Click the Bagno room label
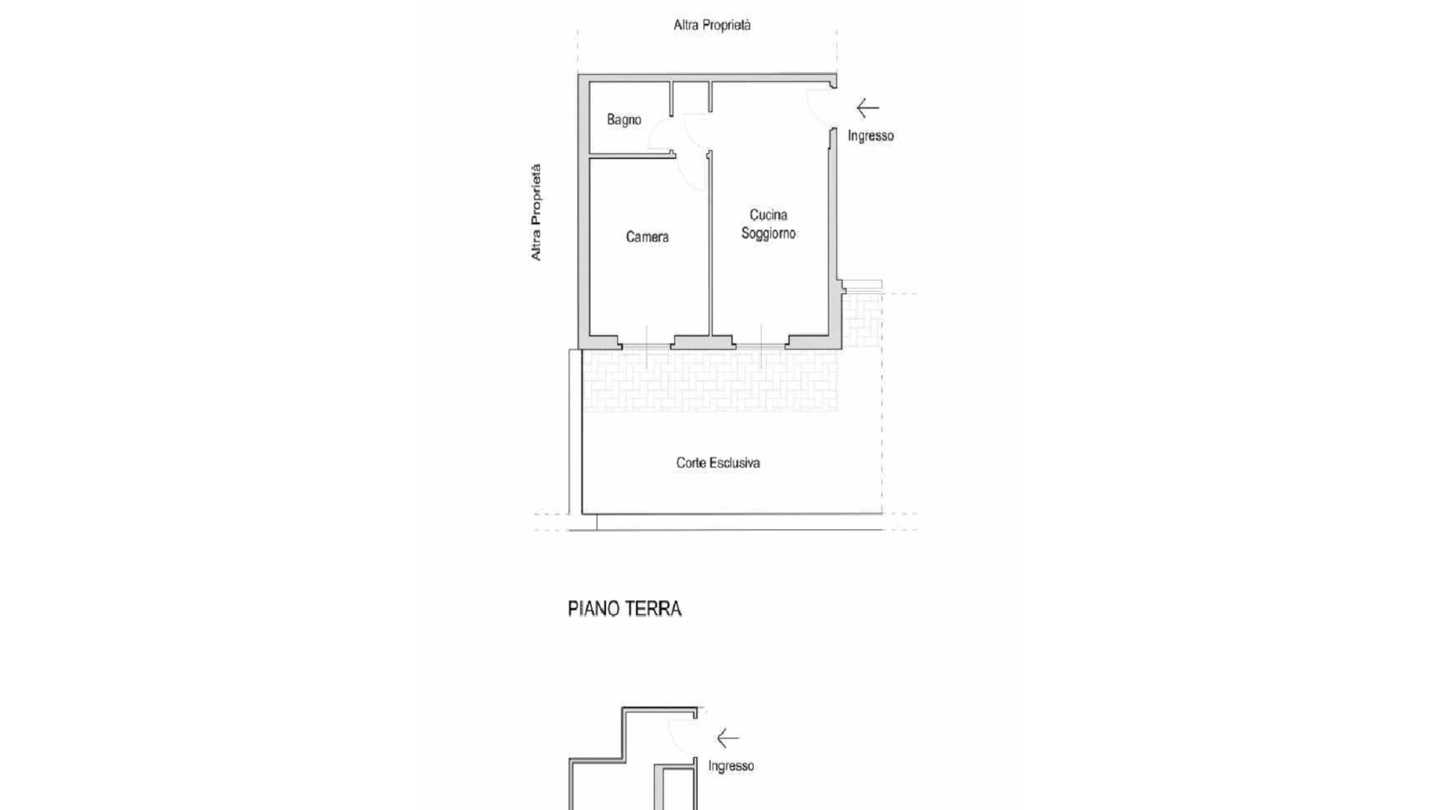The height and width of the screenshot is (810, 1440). point(624,120)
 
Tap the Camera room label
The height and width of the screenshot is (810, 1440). point(647,237)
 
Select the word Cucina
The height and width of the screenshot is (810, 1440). point(768,215)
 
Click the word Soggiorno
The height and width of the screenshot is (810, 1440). point(768,233)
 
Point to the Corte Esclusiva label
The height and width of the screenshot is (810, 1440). point(718,463)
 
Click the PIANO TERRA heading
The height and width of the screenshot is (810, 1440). point(625,609)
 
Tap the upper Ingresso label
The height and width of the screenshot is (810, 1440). point(871,136)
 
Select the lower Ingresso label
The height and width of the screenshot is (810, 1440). point(731,766)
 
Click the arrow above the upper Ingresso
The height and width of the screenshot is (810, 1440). point(868,109)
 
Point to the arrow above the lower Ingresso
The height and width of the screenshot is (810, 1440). point(727,739)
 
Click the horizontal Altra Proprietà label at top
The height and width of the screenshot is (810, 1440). point(712,25)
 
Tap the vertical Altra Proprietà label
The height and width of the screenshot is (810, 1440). point(535,212)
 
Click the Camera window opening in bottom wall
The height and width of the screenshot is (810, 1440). point(646,346)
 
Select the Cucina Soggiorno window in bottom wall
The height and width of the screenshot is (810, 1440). point(760,346)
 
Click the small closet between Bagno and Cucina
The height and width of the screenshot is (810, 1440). point(691,97)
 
